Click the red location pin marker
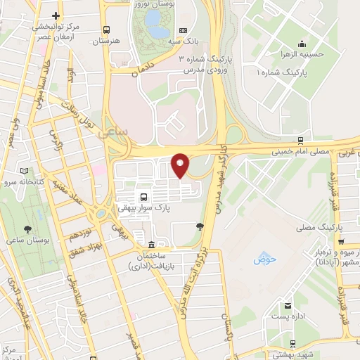[x=181, y=165]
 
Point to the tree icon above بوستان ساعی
[x=27, y=229]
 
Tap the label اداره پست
[x=289, y=318]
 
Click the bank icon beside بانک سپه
[x=183, y=31]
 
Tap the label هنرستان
[x=107, y=42]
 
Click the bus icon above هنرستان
[x=106, y=30]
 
